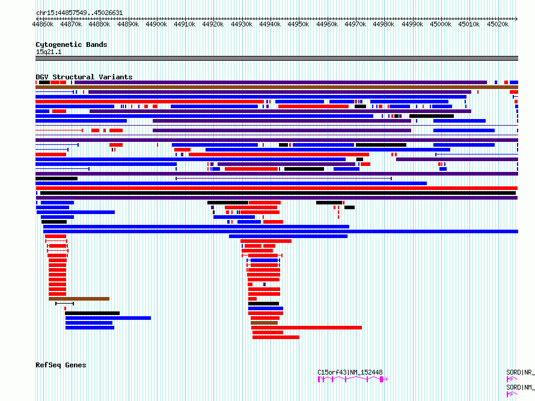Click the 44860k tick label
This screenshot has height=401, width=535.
click(43, 25)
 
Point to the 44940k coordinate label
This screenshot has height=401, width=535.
click(270, 25)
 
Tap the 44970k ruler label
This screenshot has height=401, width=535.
click(355, 25)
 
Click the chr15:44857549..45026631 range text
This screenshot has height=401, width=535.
click(79, 13)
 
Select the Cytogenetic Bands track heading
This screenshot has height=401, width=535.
click(71, 44)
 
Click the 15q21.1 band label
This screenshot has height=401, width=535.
click(48, 52)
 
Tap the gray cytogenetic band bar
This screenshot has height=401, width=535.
click(277, 58)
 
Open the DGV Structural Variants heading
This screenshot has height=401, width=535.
click(84, 77)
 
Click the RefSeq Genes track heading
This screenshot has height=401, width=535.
click(61, 365)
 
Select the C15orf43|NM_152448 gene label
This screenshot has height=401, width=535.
click(350, 372)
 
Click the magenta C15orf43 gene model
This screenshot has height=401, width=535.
click(353, 379)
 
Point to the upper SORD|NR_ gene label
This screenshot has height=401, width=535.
click(520, 372)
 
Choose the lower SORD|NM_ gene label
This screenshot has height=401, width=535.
click(520, 387)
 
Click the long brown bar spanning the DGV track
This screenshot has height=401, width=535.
click(277, 87)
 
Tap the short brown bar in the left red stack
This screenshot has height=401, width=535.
click(79, 298)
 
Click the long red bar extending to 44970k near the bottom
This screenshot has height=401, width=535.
click(307, 328)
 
